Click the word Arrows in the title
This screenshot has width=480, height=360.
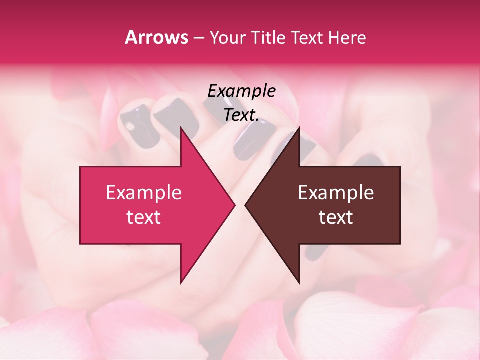click(157, 37)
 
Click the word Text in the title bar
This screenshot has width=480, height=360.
click(307, 37)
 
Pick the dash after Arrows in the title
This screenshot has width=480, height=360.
click(198, 38)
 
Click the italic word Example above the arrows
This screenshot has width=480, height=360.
click(241, 91)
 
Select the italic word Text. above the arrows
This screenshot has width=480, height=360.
click(241, 115)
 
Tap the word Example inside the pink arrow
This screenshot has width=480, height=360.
click(143, 193)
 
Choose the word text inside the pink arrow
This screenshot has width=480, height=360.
click(143, 217)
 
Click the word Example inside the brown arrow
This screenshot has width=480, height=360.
click(336, 193)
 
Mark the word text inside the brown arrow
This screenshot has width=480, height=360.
click(336, 217)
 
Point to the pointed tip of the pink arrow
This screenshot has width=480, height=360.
click(234, 205)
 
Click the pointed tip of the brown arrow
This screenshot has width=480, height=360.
click(245, 205)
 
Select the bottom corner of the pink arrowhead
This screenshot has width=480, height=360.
click(181, 283)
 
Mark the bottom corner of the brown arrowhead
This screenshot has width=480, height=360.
click(299, 283)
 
